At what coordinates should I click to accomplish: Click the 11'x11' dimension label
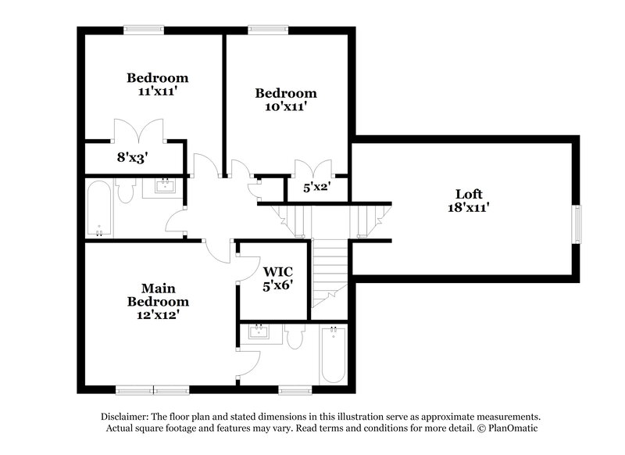click(158, 91)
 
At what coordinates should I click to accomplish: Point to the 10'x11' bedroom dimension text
click(286, 107)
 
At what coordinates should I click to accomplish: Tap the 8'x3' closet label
click(134, 157)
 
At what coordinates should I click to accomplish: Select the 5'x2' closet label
click(317, 188)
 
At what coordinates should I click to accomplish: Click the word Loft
click(469, 194)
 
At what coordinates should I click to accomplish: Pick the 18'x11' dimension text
click(469, 208)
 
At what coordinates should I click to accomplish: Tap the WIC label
click(277, 271)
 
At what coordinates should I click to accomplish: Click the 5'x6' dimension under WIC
click(277, 285)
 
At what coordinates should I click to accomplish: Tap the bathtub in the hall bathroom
click(99, 209)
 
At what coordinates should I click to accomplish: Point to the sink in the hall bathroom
click(166, 186)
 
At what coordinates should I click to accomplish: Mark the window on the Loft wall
click(578, 225)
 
